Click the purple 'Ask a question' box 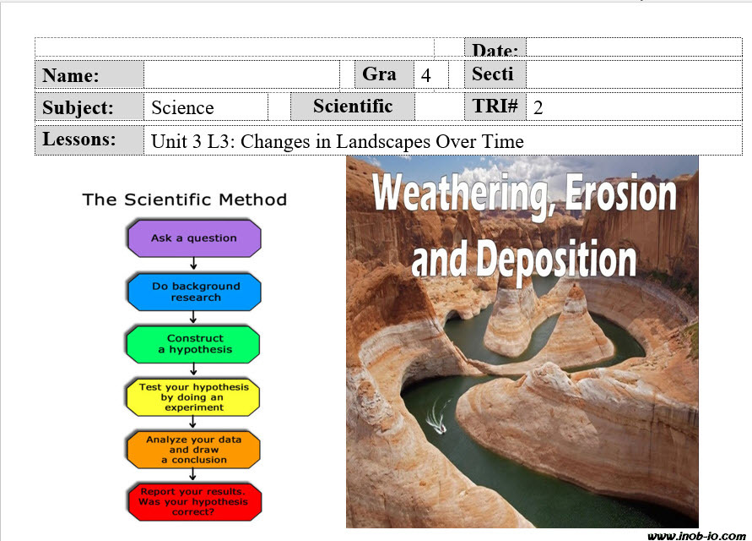pyautogui.click(x=194, y=238)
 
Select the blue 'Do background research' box pyautogui.click(x=194, y=292)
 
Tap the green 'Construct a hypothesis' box pyautogui.click(x=193, y=344)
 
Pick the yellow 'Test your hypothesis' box pyautogui.click(x=193, y=396)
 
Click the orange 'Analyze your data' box pyautogui.click(x=193, y=450)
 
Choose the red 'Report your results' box pyautogui.click(x=194, y=502)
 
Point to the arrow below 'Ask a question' pyautogui.click(x=193, y=263)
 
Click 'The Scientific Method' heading pyautogui.click(x=185, y=199)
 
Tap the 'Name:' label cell pyautogui.click(x=89, y=74)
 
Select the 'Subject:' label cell pyautogui.click(x=89, y=107)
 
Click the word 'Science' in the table pyautogui.click(x=182, y=107)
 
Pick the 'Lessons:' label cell pyautogui.click(x=89, y=139)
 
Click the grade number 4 pyautogui.click(x=426, y=75)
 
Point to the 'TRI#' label pyautogui.click(x=495, y=107)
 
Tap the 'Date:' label pyautogui.click(x=495, y=50)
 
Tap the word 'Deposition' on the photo pyautogui.click(x=556, y=260)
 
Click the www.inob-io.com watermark pyautogui.click(x=697, y=536)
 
